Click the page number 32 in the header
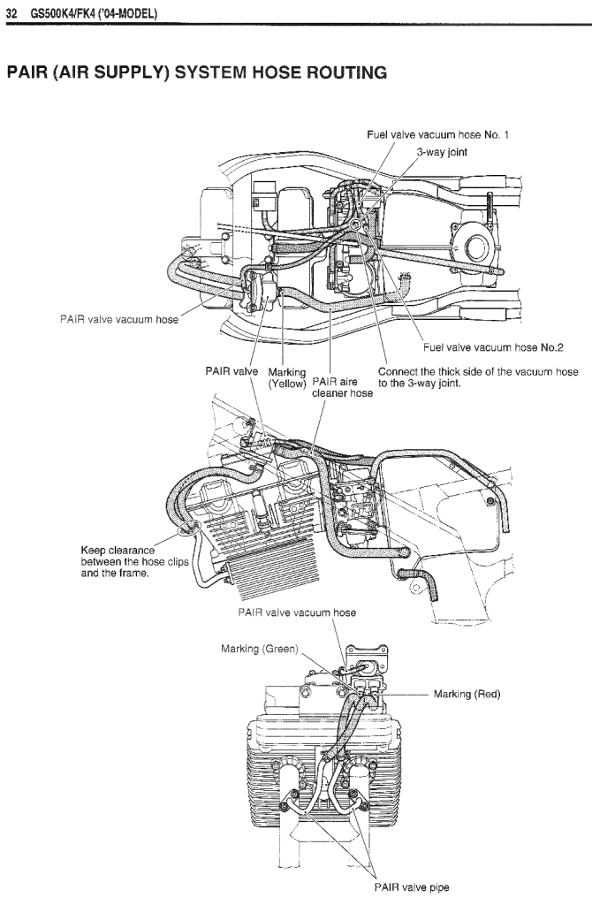click(11, 13)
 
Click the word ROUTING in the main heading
click(346, 72)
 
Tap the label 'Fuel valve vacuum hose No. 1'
click(437, 134)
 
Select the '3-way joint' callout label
click(442, 152)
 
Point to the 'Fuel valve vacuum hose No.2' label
click(493, 346)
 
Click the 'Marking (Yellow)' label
click(287, 377)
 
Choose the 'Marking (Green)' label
click(260, 649)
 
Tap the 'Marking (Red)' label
click(467, 694)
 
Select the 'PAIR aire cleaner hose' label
click(342, 387)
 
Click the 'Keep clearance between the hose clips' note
click(135, 561)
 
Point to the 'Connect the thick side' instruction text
click(478, 377)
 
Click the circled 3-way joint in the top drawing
click(356, 224)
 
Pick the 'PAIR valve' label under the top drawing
click(231, 370)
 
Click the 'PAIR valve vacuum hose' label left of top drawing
click(119, 319)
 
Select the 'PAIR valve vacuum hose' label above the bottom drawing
click(297, 612)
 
